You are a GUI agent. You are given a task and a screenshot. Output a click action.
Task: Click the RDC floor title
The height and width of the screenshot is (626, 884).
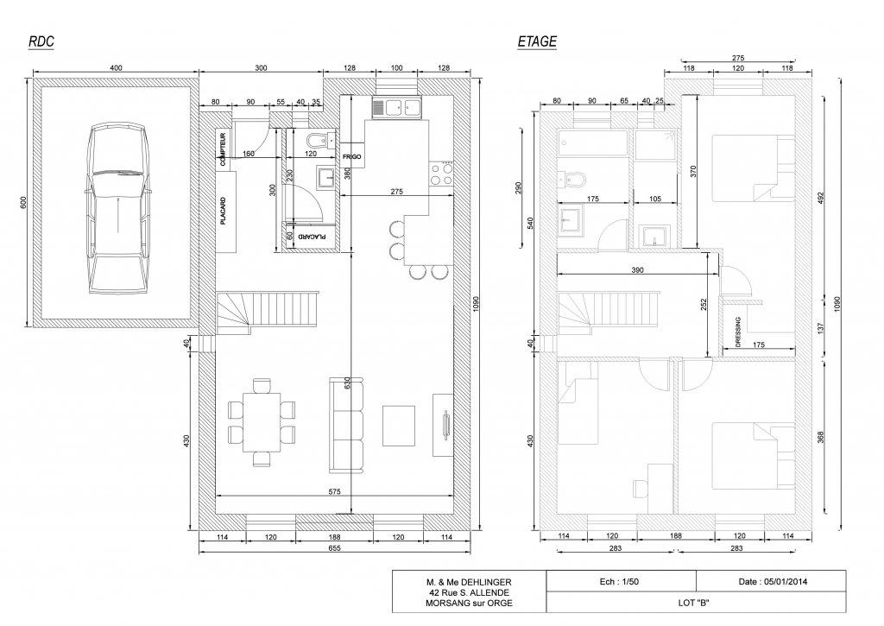[x=41, y=41]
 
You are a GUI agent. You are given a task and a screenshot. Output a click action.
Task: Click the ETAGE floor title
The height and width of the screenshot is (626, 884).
[x=537, y=41]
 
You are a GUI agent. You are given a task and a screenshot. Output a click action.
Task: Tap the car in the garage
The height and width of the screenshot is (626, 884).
[x=118, y=209]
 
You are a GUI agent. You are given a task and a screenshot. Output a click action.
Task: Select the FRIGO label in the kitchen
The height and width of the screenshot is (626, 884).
[x=352, y=157]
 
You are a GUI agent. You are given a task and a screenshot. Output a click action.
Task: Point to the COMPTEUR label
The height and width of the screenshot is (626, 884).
[x=224, y=149]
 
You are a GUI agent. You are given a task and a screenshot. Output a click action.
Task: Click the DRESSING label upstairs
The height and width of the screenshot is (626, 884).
[x=738, y=332]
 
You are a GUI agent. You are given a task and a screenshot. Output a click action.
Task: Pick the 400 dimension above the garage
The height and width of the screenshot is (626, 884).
[x=116, y=68]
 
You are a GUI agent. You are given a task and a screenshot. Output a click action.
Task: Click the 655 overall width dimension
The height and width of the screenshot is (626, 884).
[x=334, y=547]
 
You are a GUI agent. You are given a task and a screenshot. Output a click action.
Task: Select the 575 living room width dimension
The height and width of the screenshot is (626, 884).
[x=334, y=492]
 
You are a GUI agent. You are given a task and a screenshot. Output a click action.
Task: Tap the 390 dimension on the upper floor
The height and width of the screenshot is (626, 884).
[x=637, y=270]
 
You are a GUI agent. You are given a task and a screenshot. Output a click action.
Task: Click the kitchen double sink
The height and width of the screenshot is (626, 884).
[x=396, y=108]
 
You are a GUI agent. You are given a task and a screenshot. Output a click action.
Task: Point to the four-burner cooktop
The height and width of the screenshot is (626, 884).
[x=441, y=174]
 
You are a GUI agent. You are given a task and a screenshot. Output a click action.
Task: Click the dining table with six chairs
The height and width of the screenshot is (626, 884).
[x=262, y=422]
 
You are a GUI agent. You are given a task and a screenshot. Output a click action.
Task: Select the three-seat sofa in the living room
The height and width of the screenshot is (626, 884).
[x=345, y=425]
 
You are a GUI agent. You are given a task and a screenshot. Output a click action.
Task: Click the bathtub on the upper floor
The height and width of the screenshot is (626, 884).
[x=592, y=142]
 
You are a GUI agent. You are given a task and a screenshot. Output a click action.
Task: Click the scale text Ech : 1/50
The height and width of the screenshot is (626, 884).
[x=619, y=581]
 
